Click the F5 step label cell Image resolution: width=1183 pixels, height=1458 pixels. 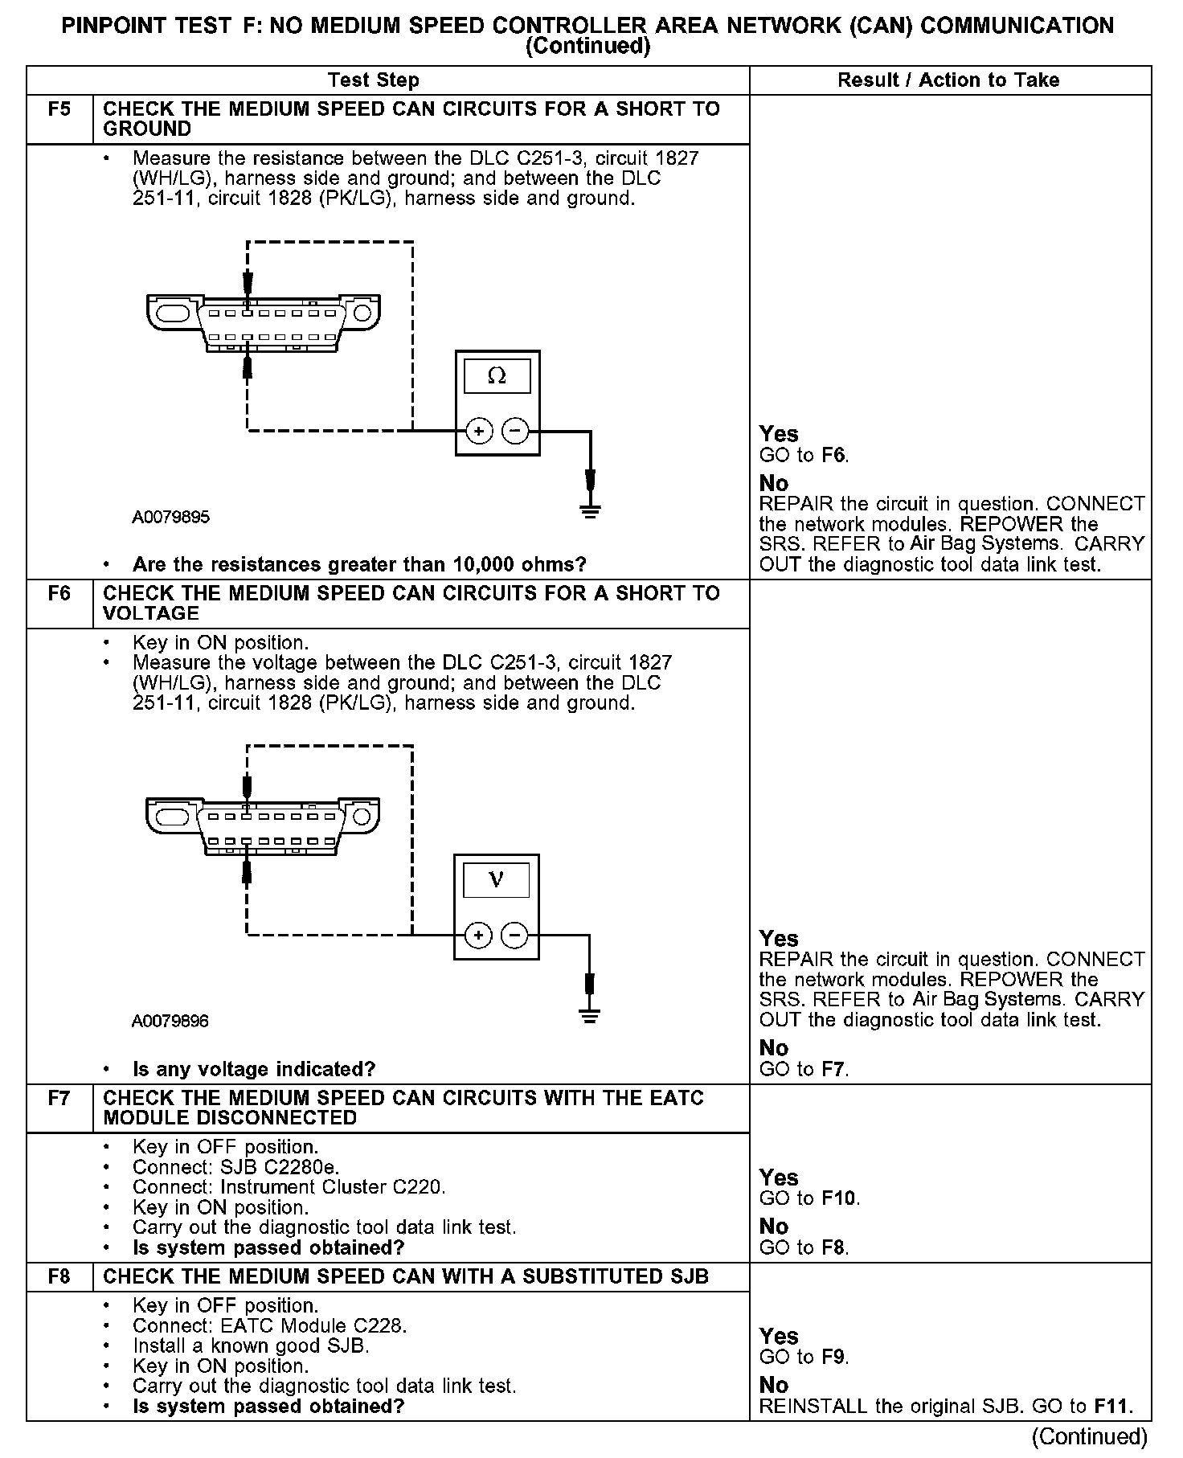[x=59, y=110]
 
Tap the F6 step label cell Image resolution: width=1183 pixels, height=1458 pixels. [x=59, y=594]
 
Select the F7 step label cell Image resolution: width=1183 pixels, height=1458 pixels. [x=59, y=1099]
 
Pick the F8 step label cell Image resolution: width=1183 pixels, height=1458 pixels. [x=59, y=1276]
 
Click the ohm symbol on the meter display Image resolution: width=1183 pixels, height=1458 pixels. [x=497, y=376]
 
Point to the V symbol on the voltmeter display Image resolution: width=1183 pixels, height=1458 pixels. [x=497, y=880]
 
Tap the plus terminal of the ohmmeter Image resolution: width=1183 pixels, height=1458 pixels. [x=479, y=432]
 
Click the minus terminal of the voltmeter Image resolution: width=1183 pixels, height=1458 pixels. [x=514, y=936]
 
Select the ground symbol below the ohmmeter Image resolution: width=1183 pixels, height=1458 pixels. [x=591, y=510]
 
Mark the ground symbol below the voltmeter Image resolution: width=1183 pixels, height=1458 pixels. [x=590, y=1014]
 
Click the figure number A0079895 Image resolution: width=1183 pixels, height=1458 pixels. [x=170, y=517]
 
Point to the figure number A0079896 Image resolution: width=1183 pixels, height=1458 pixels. [x=170, y=1021]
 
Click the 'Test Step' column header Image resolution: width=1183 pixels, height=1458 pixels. [x=374, y=80]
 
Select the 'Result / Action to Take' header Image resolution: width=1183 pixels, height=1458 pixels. [x=948, y=80]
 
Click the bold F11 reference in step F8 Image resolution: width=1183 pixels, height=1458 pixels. [x=1112, y=1407]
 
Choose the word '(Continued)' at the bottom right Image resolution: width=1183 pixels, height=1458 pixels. [x=1089, y=1436]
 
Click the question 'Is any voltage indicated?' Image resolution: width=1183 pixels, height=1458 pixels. [x=254, y=1069]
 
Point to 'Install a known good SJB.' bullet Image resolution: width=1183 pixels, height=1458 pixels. [x=251, y=1345]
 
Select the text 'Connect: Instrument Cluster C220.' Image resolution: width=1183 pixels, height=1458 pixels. [x=289, y=1187]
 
